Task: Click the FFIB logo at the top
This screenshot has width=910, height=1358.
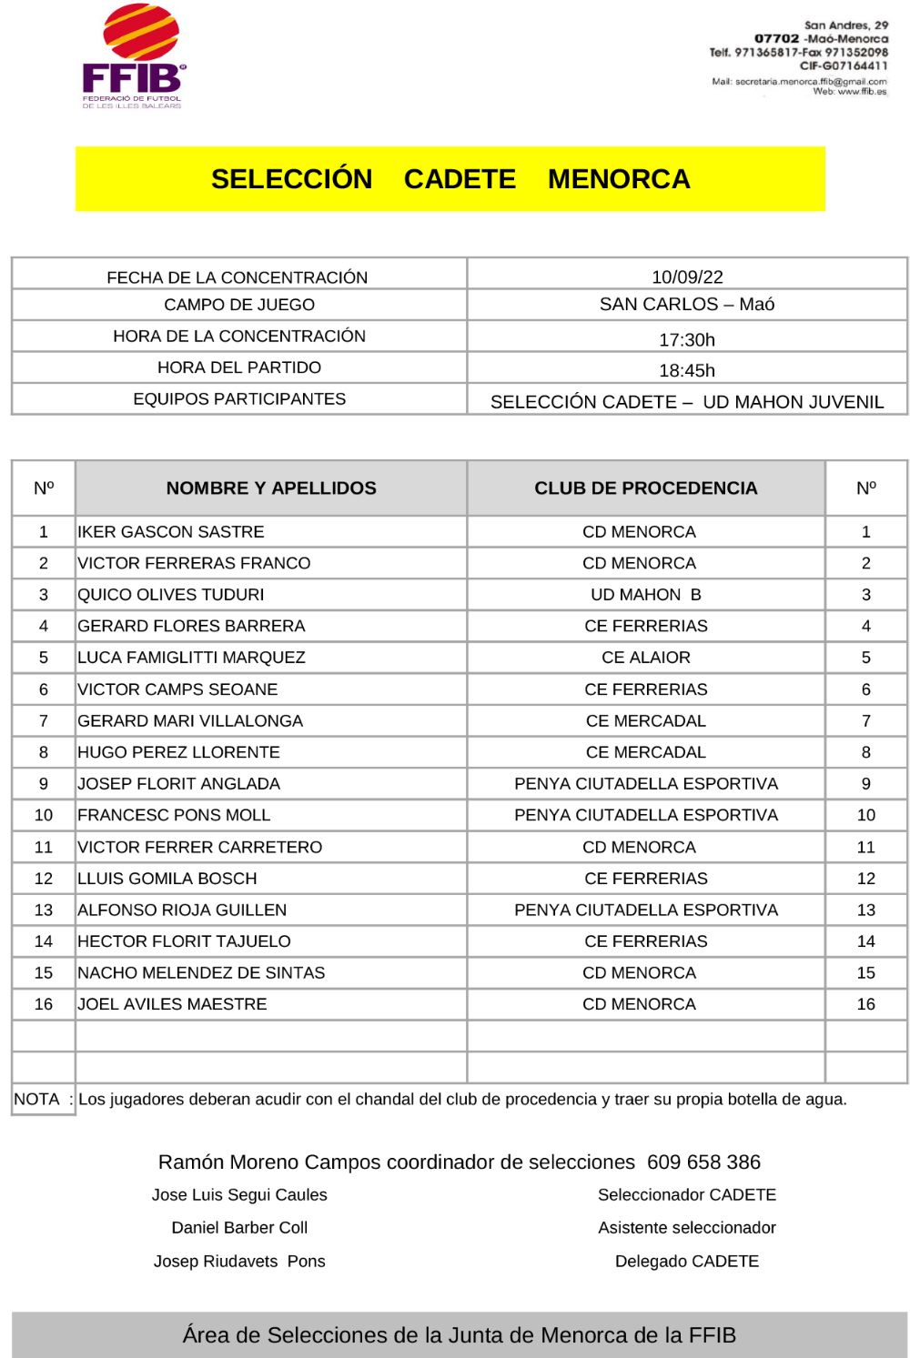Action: click(x=135, y=56)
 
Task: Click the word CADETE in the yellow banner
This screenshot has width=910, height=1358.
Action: click(x=460, y=179)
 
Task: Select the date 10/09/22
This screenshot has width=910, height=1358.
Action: click(x=687, y=277)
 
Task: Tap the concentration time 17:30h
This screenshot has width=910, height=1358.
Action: click(x=687, y=340)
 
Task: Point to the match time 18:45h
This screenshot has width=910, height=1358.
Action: click(x=687, y=370)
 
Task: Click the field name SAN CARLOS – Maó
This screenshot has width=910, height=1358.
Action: click(x=687, y=305)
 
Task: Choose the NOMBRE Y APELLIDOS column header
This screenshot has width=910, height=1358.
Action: click(x=271, y=488)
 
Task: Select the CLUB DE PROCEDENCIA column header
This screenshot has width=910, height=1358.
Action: click(x=646, y=488)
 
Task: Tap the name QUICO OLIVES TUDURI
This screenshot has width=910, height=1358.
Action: click(x=171, y=595)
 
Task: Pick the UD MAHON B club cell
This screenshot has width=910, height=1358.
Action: click(x=646, y=595)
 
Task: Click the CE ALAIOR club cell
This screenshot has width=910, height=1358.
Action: click(x=646, y=658)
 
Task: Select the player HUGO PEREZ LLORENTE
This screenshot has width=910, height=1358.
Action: click(x=179, y=752)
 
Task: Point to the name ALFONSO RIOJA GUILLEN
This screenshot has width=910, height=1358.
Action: click(x=182, y=910)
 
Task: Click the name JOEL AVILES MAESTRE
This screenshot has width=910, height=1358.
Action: click(x=173, y=1004)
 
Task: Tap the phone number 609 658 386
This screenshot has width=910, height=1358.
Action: click(x=703, y=1162)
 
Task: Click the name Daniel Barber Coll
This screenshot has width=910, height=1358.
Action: click(x=239, y=1228)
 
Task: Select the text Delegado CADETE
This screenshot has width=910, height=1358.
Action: click(x=687, y=1262)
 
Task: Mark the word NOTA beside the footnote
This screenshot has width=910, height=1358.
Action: click(x=36, y=1099)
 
